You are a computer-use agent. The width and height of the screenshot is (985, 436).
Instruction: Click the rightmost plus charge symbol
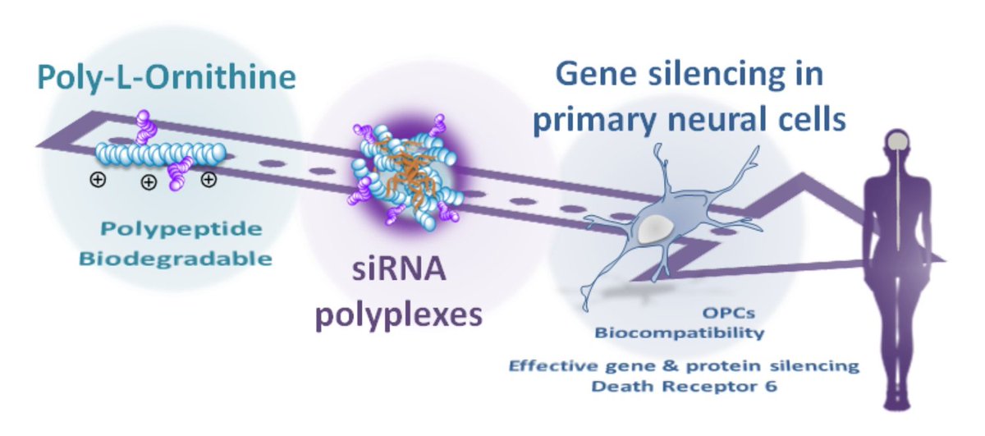click(x=209, y=180)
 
